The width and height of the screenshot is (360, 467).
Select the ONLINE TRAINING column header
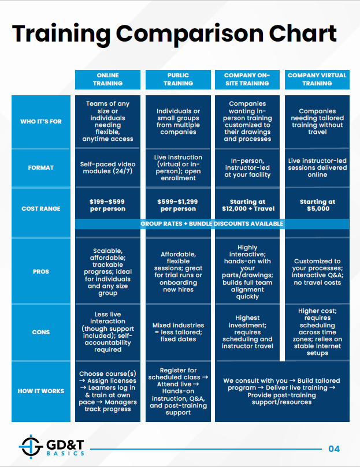(x=107, y=79)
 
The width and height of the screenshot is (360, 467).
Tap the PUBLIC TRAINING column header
(x=178, y=79)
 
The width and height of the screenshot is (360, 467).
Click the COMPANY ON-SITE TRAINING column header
(x=247, y=79)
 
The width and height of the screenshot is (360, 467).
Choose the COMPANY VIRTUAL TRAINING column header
(x=317, y=79)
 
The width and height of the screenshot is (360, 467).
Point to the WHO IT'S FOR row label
(x=40, y=121)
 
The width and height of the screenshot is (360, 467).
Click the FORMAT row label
(x=40, y=167)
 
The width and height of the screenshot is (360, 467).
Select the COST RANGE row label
(x=40, y=208)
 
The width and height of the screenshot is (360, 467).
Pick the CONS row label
(x=40, y=332)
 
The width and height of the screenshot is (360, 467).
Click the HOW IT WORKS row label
(x=40, y=391)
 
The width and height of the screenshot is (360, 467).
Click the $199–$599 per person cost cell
(x=107, y=206)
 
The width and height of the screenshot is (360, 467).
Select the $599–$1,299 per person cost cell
(x=178, y=206)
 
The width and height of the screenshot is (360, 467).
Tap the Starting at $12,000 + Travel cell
(x=247, y=206)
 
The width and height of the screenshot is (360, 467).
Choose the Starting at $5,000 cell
(x=317, y=206)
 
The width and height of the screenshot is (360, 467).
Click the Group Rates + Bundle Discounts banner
(x=211, y=223)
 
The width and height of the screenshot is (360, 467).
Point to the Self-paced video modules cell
(x=107, y=167)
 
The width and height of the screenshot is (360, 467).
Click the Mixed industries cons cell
(x=178, y=332)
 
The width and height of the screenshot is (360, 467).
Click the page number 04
(x=334, y=449)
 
